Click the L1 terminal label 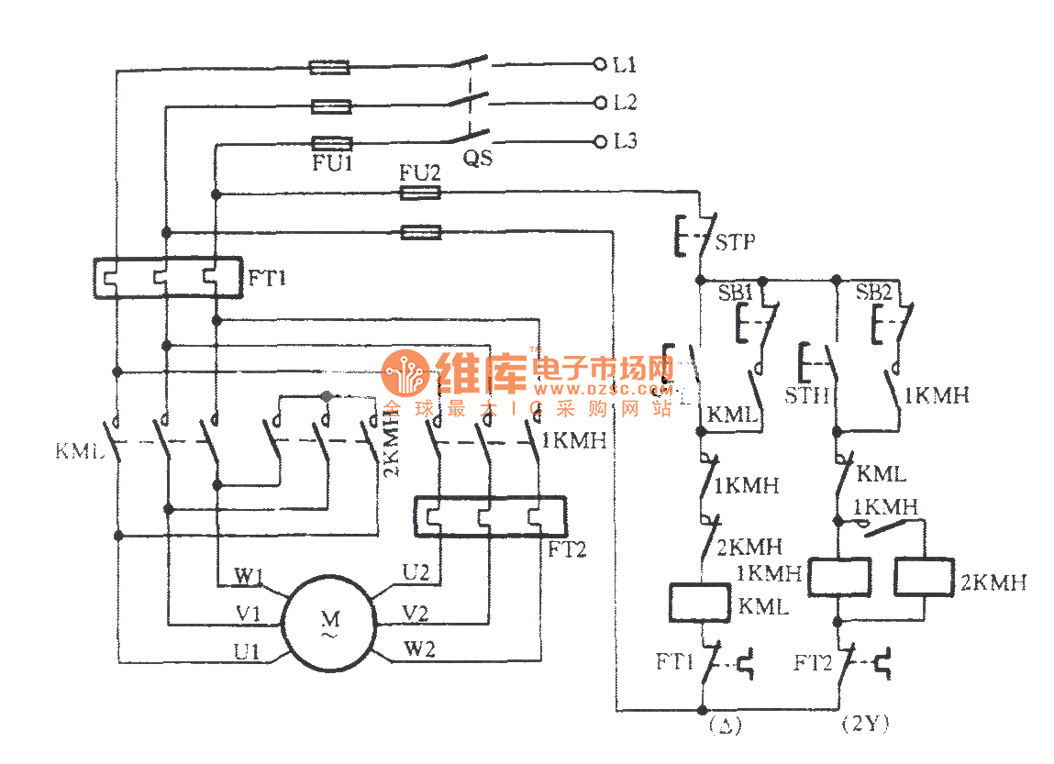click(x=626, y=65)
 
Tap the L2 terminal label click(x=626, y=103)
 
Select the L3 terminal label click(x=626, y=142)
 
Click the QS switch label click(x=477, y=158)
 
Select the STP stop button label click(x=737, y=243)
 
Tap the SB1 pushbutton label click(x=735, y=293)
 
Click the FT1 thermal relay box click(x=168, y=277)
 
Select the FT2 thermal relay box click(x=490, y=518)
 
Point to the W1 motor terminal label click(x=249, y=577)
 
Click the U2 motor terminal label click(x=416, y=573)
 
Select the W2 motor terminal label click(x=419, y=650)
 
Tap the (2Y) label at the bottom click(x=864, y=725)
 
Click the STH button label click(x=807, y=396)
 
